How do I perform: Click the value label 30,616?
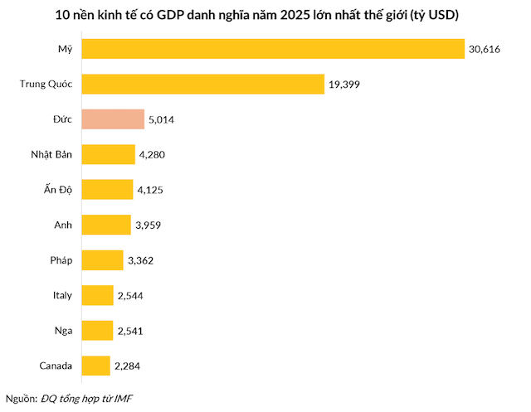[x=485, y=50]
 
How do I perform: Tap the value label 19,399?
[x=344, y=85]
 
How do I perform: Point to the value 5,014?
[x=162, y=120]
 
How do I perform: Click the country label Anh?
[x=63, y=225]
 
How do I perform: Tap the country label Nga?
[x=62, y=331]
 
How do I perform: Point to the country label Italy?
[x=61, y=295]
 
